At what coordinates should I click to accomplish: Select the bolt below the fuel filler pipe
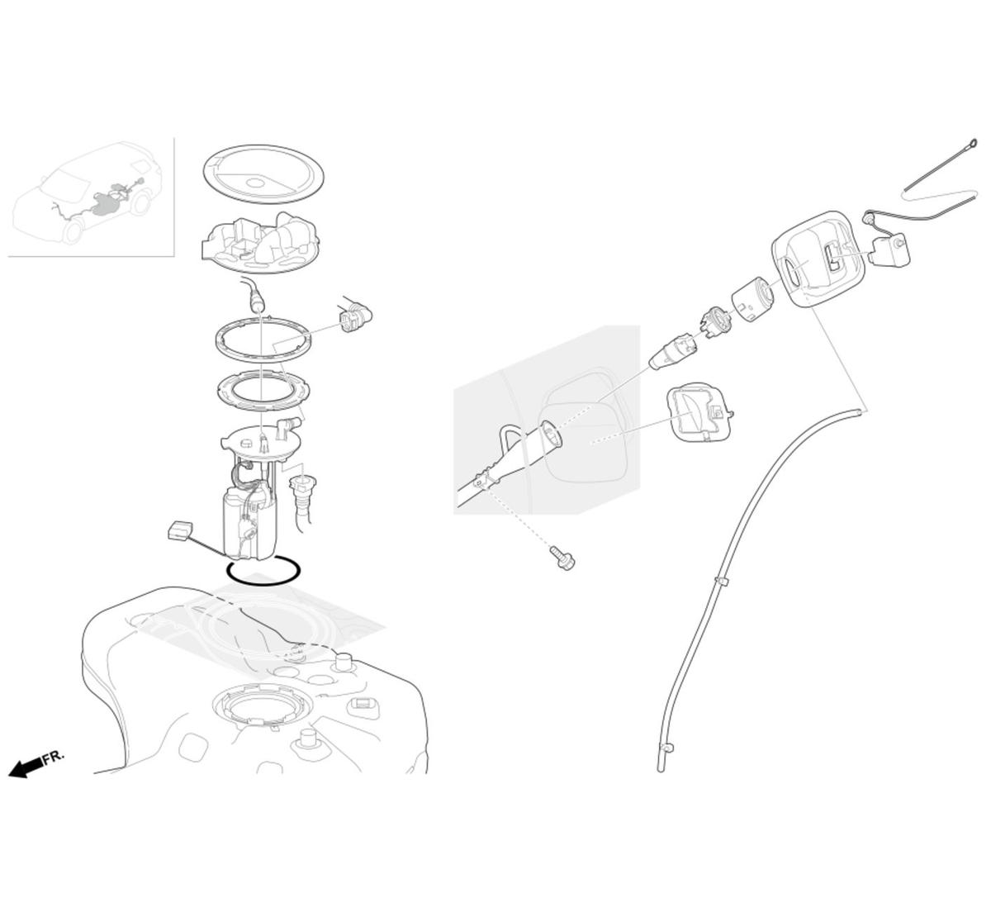click(562, 558)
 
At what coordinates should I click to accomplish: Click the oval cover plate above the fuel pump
click(263, 174)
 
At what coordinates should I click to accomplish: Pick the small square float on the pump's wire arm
click(180, 531)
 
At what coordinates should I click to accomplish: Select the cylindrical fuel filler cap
click(752, 300)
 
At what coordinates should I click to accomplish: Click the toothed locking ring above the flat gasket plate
click(264, 340)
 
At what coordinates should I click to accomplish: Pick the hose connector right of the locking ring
click(355, 315)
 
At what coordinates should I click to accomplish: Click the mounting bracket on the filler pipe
click(482, 482)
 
